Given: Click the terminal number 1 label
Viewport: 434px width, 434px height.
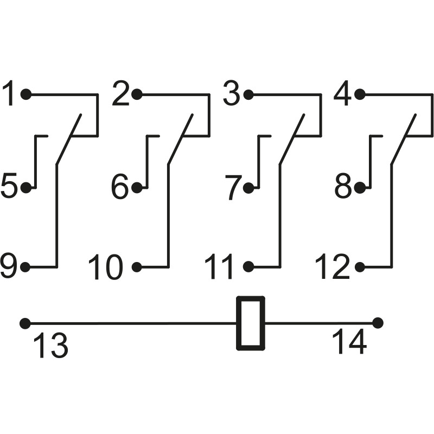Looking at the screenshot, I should coord(10,94).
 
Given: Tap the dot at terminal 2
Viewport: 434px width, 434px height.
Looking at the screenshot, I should coord(137,94).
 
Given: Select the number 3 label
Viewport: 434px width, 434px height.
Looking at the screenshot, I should coord(232,94).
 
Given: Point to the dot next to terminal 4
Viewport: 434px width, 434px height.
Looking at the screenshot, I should coord(360,94).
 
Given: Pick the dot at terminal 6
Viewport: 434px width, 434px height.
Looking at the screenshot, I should coord(137,188).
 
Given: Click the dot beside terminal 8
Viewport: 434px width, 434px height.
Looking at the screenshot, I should coord(360,188).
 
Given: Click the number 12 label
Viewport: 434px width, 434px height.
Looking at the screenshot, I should coord(334,267).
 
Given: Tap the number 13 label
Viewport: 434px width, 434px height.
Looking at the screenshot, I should coord(51,346).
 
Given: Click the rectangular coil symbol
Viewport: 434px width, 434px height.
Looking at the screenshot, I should coord(251,323).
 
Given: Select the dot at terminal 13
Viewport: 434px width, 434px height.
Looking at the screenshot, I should coord(24,323).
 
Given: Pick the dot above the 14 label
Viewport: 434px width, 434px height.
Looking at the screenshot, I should coord(378,323).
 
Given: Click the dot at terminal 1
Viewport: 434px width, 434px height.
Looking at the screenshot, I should coord(25,94).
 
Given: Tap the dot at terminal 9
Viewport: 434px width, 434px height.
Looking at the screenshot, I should coord(25,267).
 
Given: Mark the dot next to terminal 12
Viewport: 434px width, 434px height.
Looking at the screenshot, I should coord(360,267).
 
